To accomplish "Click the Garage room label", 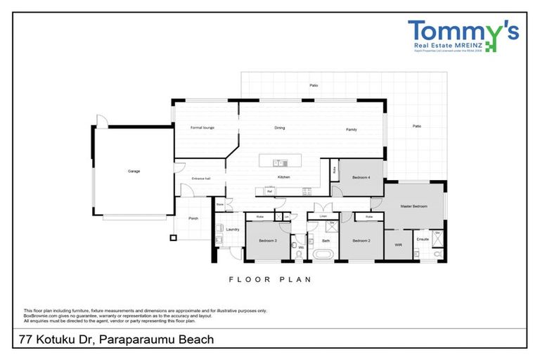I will [x=134, y=172].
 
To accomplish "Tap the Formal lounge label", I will [x=202, y=128].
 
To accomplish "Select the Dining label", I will [x=279, y=128].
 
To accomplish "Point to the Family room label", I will [x=351, y=129].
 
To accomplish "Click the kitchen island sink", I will [x=278, y=160].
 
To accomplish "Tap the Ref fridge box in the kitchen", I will [x=269, y=191].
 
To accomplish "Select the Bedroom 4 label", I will [x=361, y=177].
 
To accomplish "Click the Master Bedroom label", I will [x=415, y=206].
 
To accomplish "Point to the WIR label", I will [x=398, y=245].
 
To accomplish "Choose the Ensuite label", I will [x=423, y=240].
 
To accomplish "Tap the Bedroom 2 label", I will [x=361, y=240].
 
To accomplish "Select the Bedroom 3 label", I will [x=268, y=240].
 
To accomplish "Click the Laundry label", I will [x=233, y=229].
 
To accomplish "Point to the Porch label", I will [x=193, y=219].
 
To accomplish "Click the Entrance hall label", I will [x=201, y=179].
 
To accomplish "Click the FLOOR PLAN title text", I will [x=270, y=279].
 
